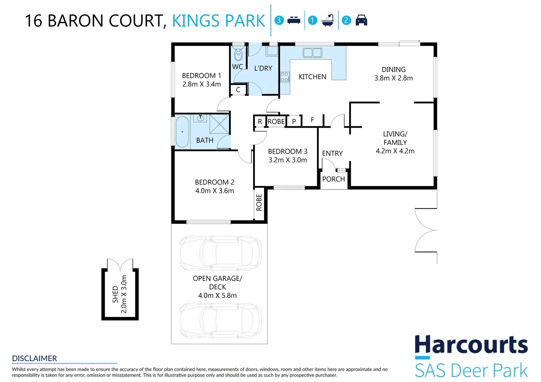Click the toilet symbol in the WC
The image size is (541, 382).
pos(238,54)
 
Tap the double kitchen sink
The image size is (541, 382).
pos(313,53)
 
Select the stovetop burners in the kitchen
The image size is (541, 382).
pos(285,77)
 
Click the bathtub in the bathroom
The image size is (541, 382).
pos(182,132)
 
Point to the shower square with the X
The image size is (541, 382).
pos(219,124)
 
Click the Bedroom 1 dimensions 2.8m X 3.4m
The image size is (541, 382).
pos(202,84)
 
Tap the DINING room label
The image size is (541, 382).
pos(394,69)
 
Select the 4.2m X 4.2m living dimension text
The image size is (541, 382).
pos(395,151)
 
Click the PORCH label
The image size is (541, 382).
pos(334,179)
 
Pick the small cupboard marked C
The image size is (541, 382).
pos(238,90)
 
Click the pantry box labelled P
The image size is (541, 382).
pos(294,121)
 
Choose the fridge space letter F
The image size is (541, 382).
pos(313,120)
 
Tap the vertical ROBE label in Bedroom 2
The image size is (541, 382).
pos(259,202)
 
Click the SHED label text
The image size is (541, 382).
pos(115,294)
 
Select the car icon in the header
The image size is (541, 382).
pos(361,20)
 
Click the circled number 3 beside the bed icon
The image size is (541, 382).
pos(279,20)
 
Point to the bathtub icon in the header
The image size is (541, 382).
pos(328,20)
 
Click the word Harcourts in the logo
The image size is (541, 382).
pos(471,345)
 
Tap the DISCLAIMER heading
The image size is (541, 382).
pos(35,358)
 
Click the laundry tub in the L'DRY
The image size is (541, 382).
pos(272,51)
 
